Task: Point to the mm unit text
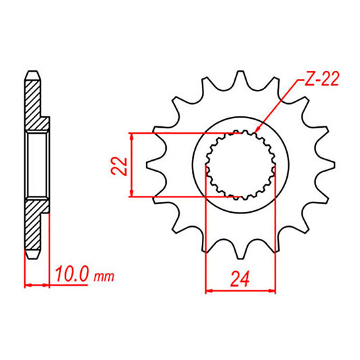(105, 278)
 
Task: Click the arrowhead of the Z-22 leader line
(260, 130)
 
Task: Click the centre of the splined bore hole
(240, 164)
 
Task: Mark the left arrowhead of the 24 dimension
(209, 292)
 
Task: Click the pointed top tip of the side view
(31, 71)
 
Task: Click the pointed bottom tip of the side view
(31, 257)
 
